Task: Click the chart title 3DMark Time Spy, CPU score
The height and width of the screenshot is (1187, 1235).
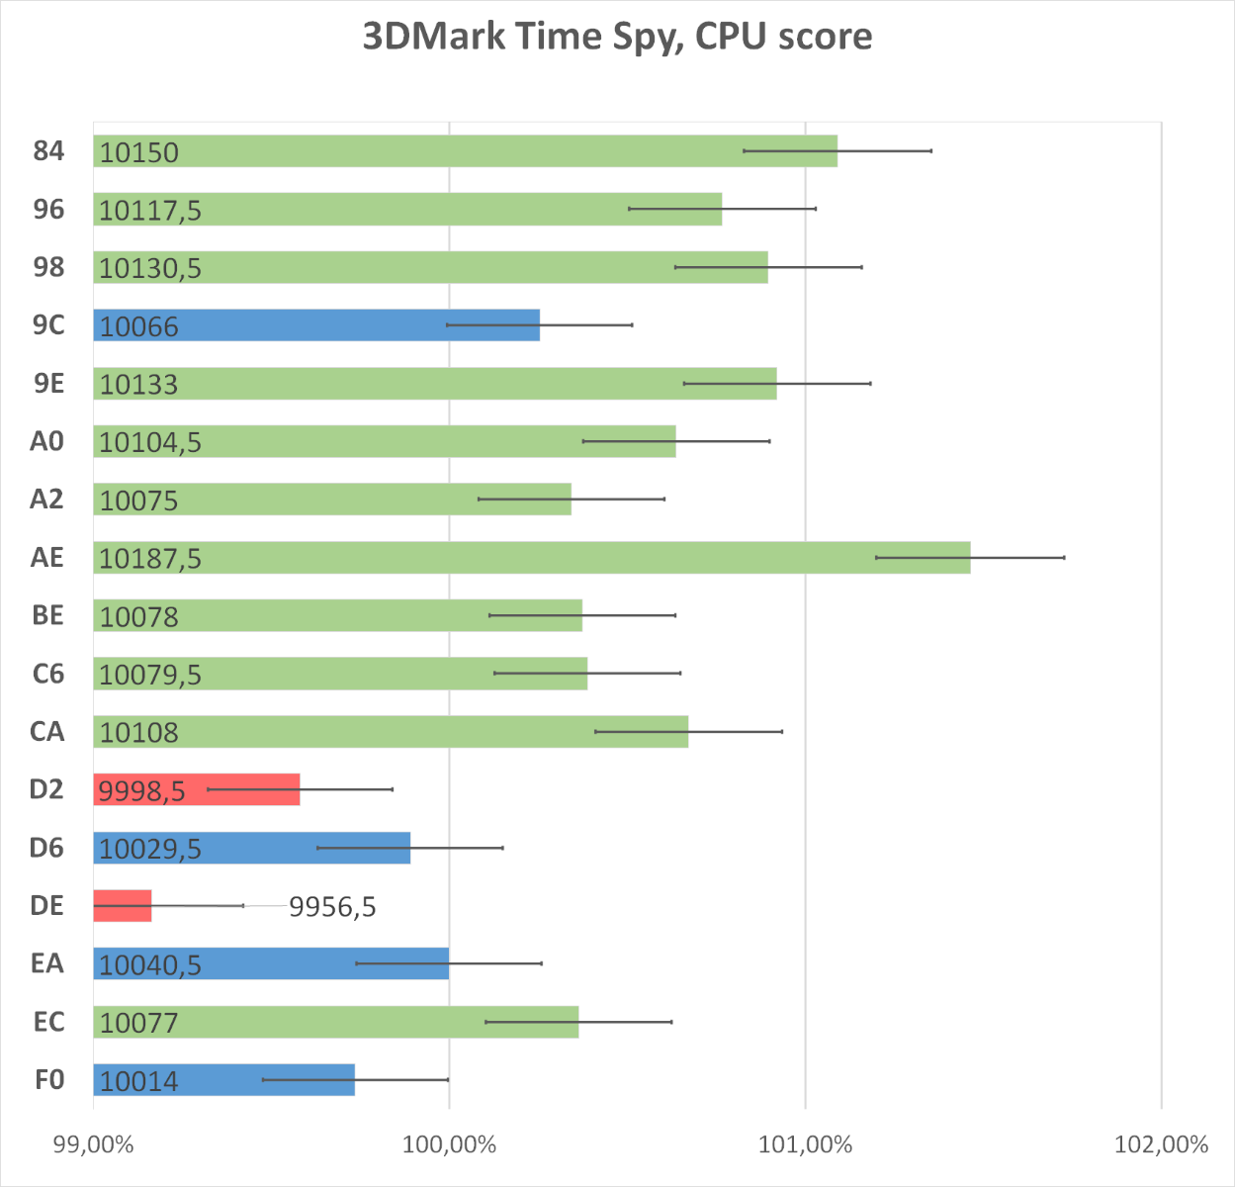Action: (617, 37)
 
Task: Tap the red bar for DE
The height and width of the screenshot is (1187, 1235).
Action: (123, 906)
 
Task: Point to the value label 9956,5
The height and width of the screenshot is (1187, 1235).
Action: (332, 907)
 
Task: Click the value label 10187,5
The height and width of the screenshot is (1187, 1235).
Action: (150, 559)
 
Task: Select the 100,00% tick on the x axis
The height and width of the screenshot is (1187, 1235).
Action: (449, 1145)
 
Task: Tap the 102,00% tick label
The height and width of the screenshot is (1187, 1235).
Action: (1161, 1145)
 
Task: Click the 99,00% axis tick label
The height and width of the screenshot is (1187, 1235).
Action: (93, 1145)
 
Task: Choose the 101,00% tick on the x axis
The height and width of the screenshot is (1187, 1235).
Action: (805, 1145)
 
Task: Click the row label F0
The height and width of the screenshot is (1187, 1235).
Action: (49, 1080)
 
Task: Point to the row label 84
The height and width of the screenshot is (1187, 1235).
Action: (48, 151)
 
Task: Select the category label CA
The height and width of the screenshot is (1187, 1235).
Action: (47, 732)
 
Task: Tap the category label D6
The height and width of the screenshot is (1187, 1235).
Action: (46, 849)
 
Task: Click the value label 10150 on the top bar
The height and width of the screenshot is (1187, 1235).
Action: (139, 152)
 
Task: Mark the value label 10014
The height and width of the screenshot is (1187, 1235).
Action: (139, 1081)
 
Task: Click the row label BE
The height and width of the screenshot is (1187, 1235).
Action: (47, 616)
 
